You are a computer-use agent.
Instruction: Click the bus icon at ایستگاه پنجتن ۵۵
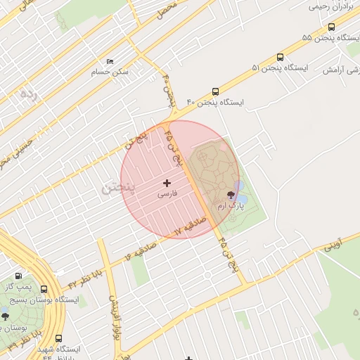click(331, 27)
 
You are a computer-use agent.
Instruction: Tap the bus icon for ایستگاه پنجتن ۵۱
click(281, 57)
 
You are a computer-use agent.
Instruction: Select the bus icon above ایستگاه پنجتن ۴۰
click(215, 91)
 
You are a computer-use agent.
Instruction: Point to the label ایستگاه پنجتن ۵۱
click(280, 68)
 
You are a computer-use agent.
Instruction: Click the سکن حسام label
click(110, 72)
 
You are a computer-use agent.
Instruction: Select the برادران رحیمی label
click(328, 6)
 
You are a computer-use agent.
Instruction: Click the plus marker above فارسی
click(167, 183)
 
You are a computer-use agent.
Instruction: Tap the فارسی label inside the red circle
click(167, 193)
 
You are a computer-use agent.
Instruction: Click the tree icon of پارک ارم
click(231, 195)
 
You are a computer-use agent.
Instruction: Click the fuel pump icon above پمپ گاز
click(19, 276)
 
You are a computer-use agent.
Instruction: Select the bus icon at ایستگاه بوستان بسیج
click(44, 289)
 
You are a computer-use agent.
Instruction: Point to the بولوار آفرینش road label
click(113, 314)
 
